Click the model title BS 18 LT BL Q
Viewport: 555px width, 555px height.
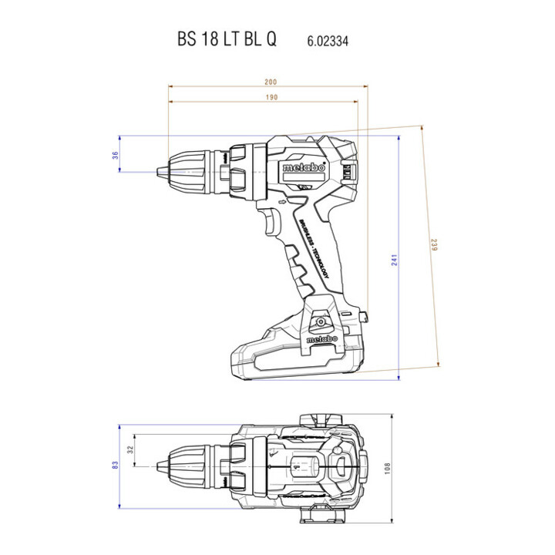click(x=227, y=39)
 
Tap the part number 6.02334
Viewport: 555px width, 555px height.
click(x=328, y=41)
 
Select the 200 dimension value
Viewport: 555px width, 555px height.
click(x=271, y=82)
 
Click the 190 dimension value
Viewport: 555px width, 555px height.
click(x=272, y=97)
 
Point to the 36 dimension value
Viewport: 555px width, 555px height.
click(x=116, y=155)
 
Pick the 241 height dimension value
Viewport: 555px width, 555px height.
click(x=395, y=260)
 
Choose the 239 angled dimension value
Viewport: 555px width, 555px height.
click(x=434, y=245)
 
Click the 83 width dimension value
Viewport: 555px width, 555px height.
click(x=115, y=465)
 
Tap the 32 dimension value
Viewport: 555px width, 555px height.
click(x=130, y=449)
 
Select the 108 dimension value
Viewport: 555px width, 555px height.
click(x=387, y=469)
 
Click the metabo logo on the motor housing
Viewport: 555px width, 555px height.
click(x=304, y=167)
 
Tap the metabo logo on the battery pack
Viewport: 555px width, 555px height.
click(x=321, y=339)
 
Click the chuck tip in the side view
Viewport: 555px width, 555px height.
click(x=158, y=172)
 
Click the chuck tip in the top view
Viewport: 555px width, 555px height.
click(x=158, y=466)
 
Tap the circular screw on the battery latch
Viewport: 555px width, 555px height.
click(x=321, y=321)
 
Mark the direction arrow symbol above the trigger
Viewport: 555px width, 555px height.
click(x=282, y=203)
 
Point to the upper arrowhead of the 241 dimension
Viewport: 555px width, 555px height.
click(x=399, y=138)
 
